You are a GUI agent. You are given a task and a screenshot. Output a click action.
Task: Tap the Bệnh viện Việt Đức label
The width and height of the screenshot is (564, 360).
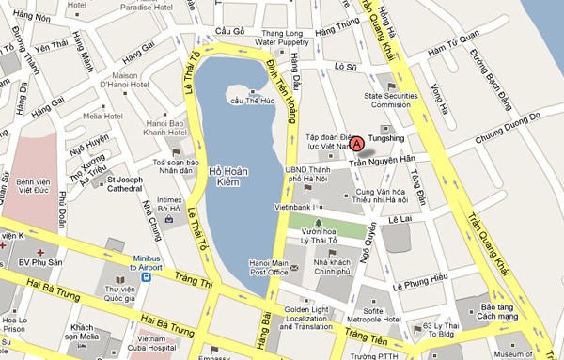(31, 185)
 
